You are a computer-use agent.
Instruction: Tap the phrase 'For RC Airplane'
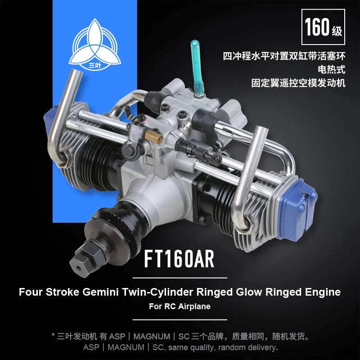180,307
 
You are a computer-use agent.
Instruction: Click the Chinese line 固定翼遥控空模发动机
298,83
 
